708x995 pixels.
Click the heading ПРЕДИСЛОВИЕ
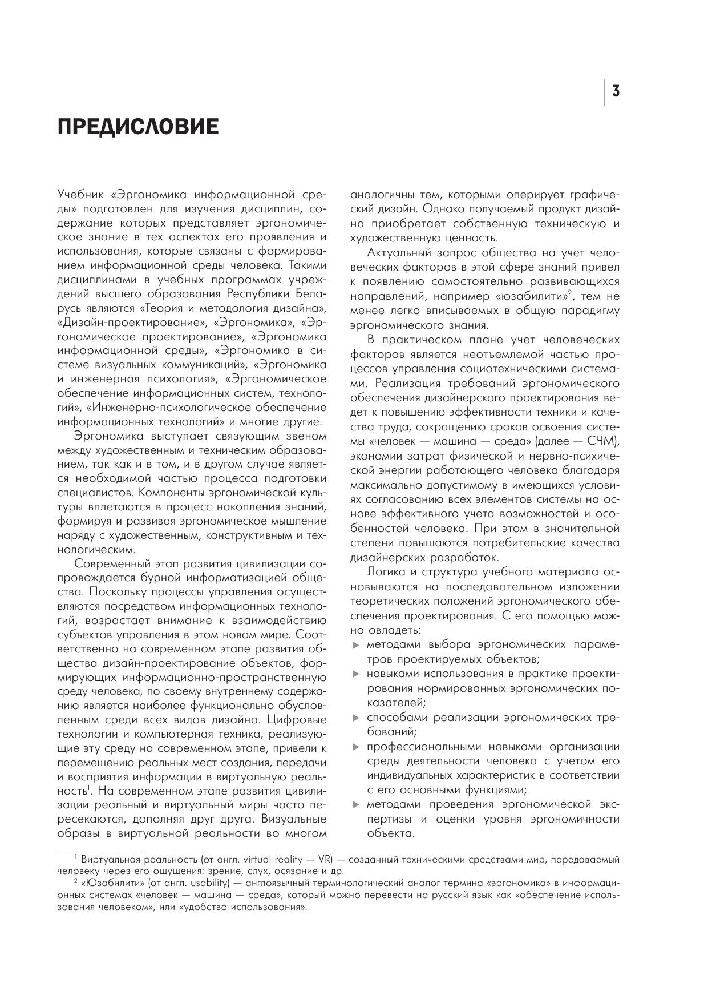[137, 127]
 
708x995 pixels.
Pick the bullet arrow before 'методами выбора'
[356, 645]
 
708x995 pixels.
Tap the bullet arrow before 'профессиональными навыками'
[356, 747]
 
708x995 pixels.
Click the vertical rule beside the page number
[604, 92]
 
